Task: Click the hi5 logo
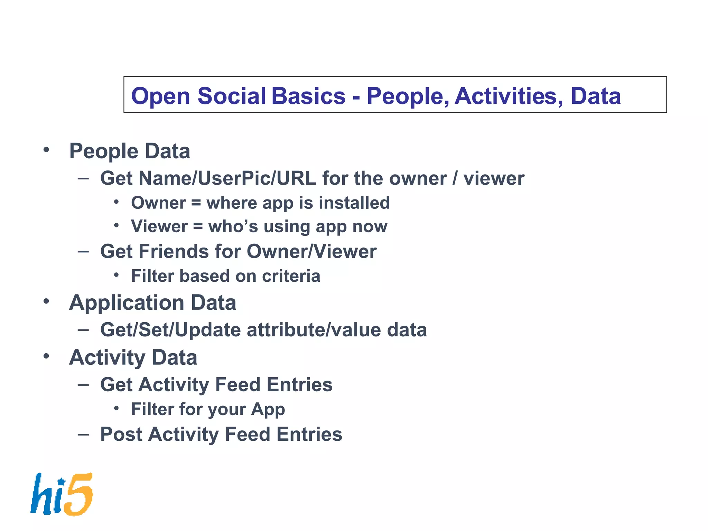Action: (x=62, y=494)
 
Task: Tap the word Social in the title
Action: (x=231, y=96)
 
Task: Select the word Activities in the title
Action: (x=508, y=96)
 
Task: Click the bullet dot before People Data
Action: (x=46, y=150)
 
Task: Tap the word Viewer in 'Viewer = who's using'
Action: (x=159, y=226)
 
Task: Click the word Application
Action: (x=126, y=303)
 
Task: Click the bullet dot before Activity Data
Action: (x=46, y=356)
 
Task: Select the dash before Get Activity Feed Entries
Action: (x=83, y=384)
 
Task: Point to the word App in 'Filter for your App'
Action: (x=268, y=410)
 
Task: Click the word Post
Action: (x=121, y=434)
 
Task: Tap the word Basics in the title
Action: (x=308, y=96)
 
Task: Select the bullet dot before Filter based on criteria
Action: (x=117, y=275)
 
